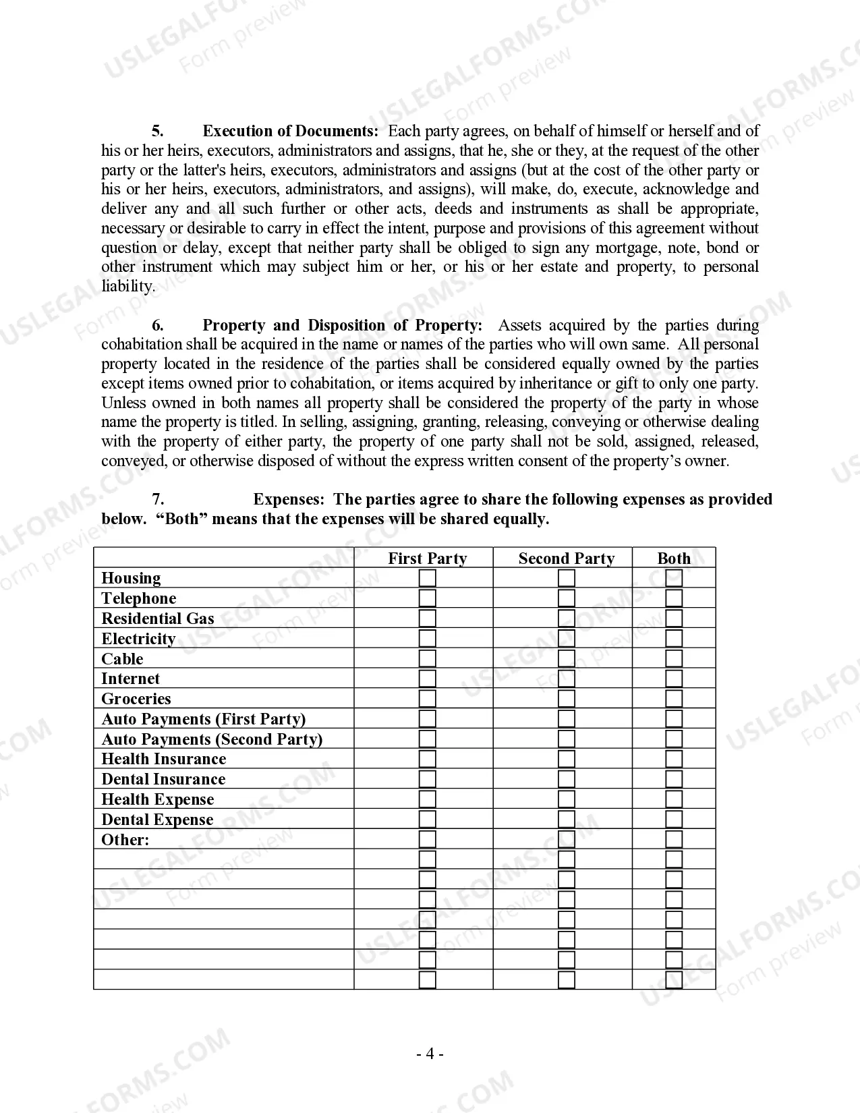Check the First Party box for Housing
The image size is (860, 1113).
(x=428, y=578)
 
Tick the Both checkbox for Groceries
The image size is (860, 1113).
(x=674, y=699)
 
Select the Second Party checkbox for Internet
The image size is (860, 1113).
(x=567, y=679)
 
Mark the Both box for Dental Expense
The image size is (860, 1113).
(x=674, y=820)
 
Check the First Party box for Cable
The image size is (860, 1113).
(x=428, y=658)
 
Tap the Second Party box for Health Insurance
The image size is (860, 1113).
(x=567, y=759)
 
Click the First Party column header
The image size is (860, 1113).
(x=427, y=559)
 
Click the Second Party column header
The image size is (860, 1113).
(x=567, y=559)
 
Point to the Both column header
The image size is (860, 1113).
(x=674, y=559)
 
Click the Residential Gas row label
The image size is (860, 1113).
(x=157, y=619)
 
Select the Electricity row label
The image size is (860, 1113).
(x=138, y=639)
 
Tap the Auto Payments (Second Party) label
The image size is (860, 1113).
(x=212, y=739)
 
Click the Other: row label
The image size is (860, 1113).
(x=125, y=840)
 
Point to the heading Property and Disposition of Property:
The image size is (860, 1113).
(x=343, y=325)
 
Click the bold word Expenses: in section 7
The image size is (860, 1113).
(x=289, y=499)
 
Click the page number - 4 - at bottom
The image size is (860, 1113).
(x=430, y=1054)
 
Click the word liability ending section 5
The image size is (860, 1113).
(x=127, y=286)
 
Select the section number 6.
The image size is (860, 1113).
(x=158, y=325)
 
